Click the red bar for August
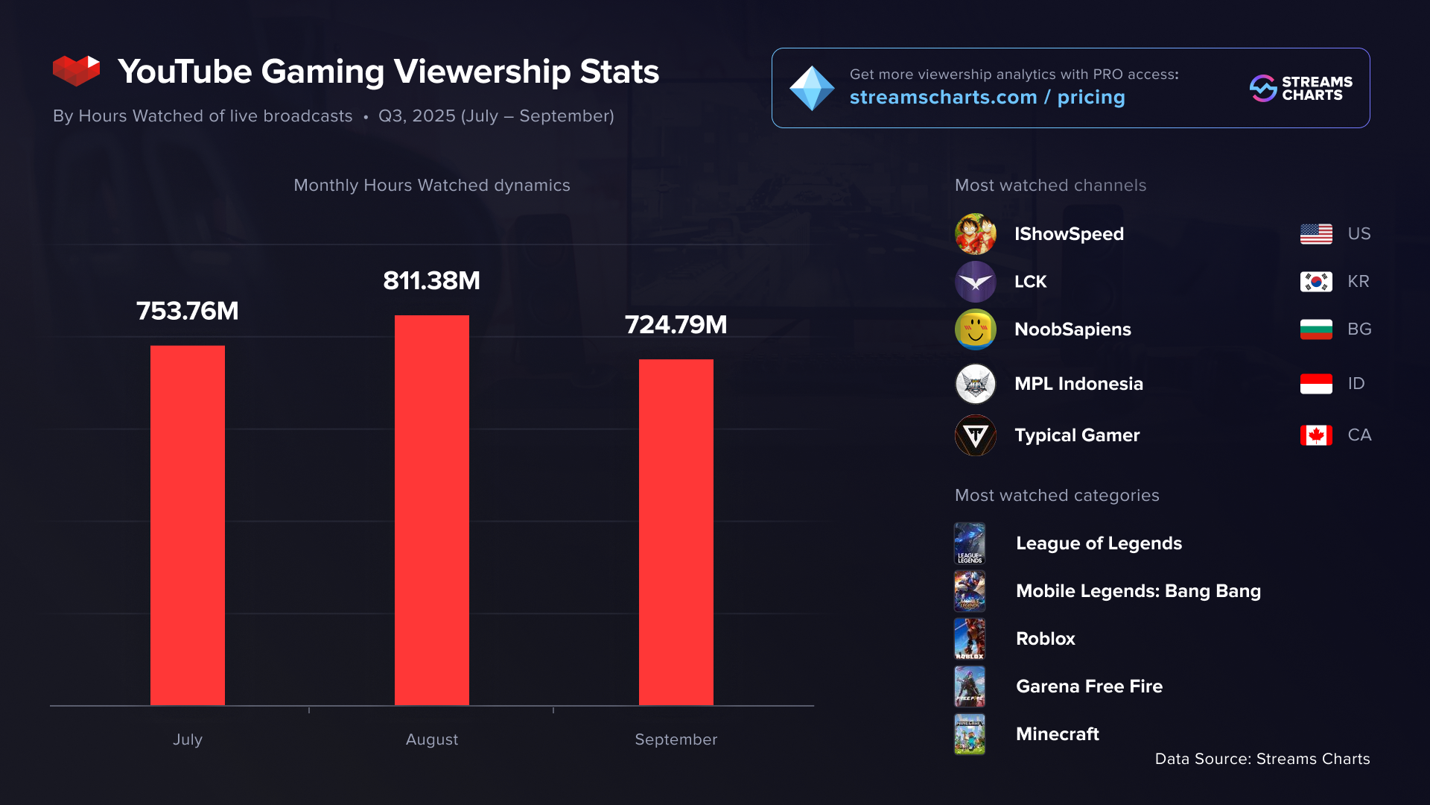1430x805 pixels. pyautogui.click(x=432, y=510)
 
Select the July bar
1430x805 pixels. pyautogui.click(x=188, y=525)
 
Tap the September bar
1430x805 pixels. pyautogui.click(x=676, y=532)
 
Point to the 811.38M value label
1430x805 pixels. pyautogui.click(x=432, y=281)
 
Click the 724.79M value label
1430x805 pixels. pyautogui.click(x=676, y=325)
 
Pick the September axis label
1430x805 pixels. pyautogui.click(x=676, y=739)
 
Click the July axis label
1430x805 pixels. pyautogui.click(x=188, y=739)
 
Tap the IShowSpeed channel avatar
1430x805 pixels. pyautogui.click(x=976, y=234)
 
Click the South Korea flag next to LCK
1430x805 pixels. pyautogui.click(x=1316, y=282)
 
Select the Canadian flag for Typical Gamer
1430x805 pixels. pyautogui.click(x=1316, y=435)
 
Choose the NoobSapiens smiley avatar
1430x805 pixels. pyautogui.click(x=976, y=329)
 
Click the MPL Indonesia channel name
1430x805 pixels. pyautogui.click(x=1078, y=384)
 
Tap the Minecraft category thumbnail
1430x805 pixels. pyautogui.click(x=970, y=734)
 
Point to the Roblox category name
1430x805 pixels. pyautogui.click(x=1046, y=639)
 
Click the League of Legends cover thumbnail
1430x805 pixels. pyautogui.click(x=970, y=543)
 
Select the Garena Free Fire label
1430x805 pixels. pyautogui.click(x=1089, y=686)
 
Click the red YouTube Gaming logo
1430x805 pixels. pyautogui.click(x=76, y=71)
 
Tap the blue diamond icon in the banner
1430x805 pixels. pyautogui.click(x=812, y=88)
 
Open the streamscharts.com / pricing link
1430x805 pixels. pyautogui.click(x=988, y=98)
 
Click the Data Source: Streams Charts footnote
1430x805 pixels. pyautogui.click(x=1262, y=759)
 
